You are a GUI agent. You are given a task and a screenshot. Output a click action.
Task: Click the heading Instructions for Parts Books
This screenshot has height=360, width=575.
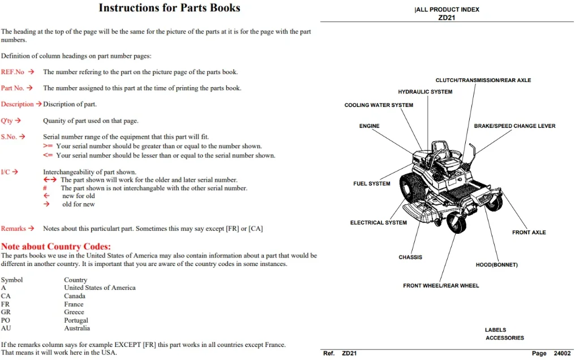tap(169, 8)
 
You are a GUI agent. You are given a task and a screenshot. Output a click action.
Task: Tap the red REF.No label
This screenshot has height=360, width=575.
tap(12, 72)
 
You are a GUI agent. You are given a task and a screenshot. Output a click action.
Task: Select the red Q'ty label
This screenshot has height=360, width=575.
tap(7, 121)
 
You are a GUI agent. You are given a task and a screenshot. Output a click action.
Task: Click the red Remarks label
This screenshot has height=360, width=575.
tap(13, 228)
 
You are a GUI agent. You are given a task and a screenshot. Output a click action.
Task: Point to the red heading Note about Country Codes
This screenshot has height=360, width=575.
tap(55, 246)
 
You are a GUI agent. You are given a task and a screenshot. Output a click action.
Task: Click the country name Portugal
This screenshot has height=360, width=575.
tap(76, 320)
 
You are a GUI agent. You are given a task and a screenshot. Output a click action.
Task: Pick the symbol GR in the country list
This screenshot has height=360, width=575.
tap(6, 312)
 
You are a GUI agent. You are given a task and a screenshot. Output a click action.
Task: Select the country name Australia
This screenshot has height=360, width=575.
tap(77, 328)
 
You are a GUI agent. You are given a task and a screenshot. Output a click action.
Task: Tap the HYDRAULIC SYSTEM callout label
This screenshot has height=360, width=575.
tap(425, 92)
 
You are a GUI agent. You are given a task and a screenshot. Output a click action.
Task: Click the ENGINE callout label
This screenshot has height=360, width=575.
tap(369, 126)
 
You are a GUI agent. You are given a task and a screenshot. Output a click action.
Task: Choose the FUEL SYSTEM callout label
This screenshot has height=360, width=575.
tap(371, 183)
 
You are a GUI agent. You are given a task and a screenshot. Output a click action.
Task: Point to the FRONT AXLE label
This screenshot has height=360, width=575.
tap(529, 232)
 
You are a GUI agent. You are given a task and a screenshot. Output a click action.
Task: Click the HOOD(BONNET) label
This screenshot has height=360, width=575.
tap(496, 265)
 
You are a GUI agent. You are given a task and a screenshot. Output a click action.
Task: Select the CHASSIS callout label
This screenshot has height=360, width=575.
tap(410, 257)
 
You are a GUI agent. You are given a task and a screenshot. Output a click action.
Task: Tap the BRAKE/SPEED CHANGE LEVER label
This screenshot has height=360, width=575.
tap(514, 126)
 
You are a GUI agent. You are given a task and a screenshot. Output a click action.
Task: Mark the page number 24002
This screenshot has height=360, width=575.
tap(562, 353)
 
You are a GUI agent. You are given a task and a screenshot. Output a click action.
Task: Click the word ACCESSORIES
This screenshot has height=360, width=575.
tap(505, 337)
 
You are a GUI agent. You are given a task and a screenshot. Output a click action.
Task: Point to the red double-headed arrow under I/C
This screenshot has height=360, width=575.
tap(50, 179)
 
